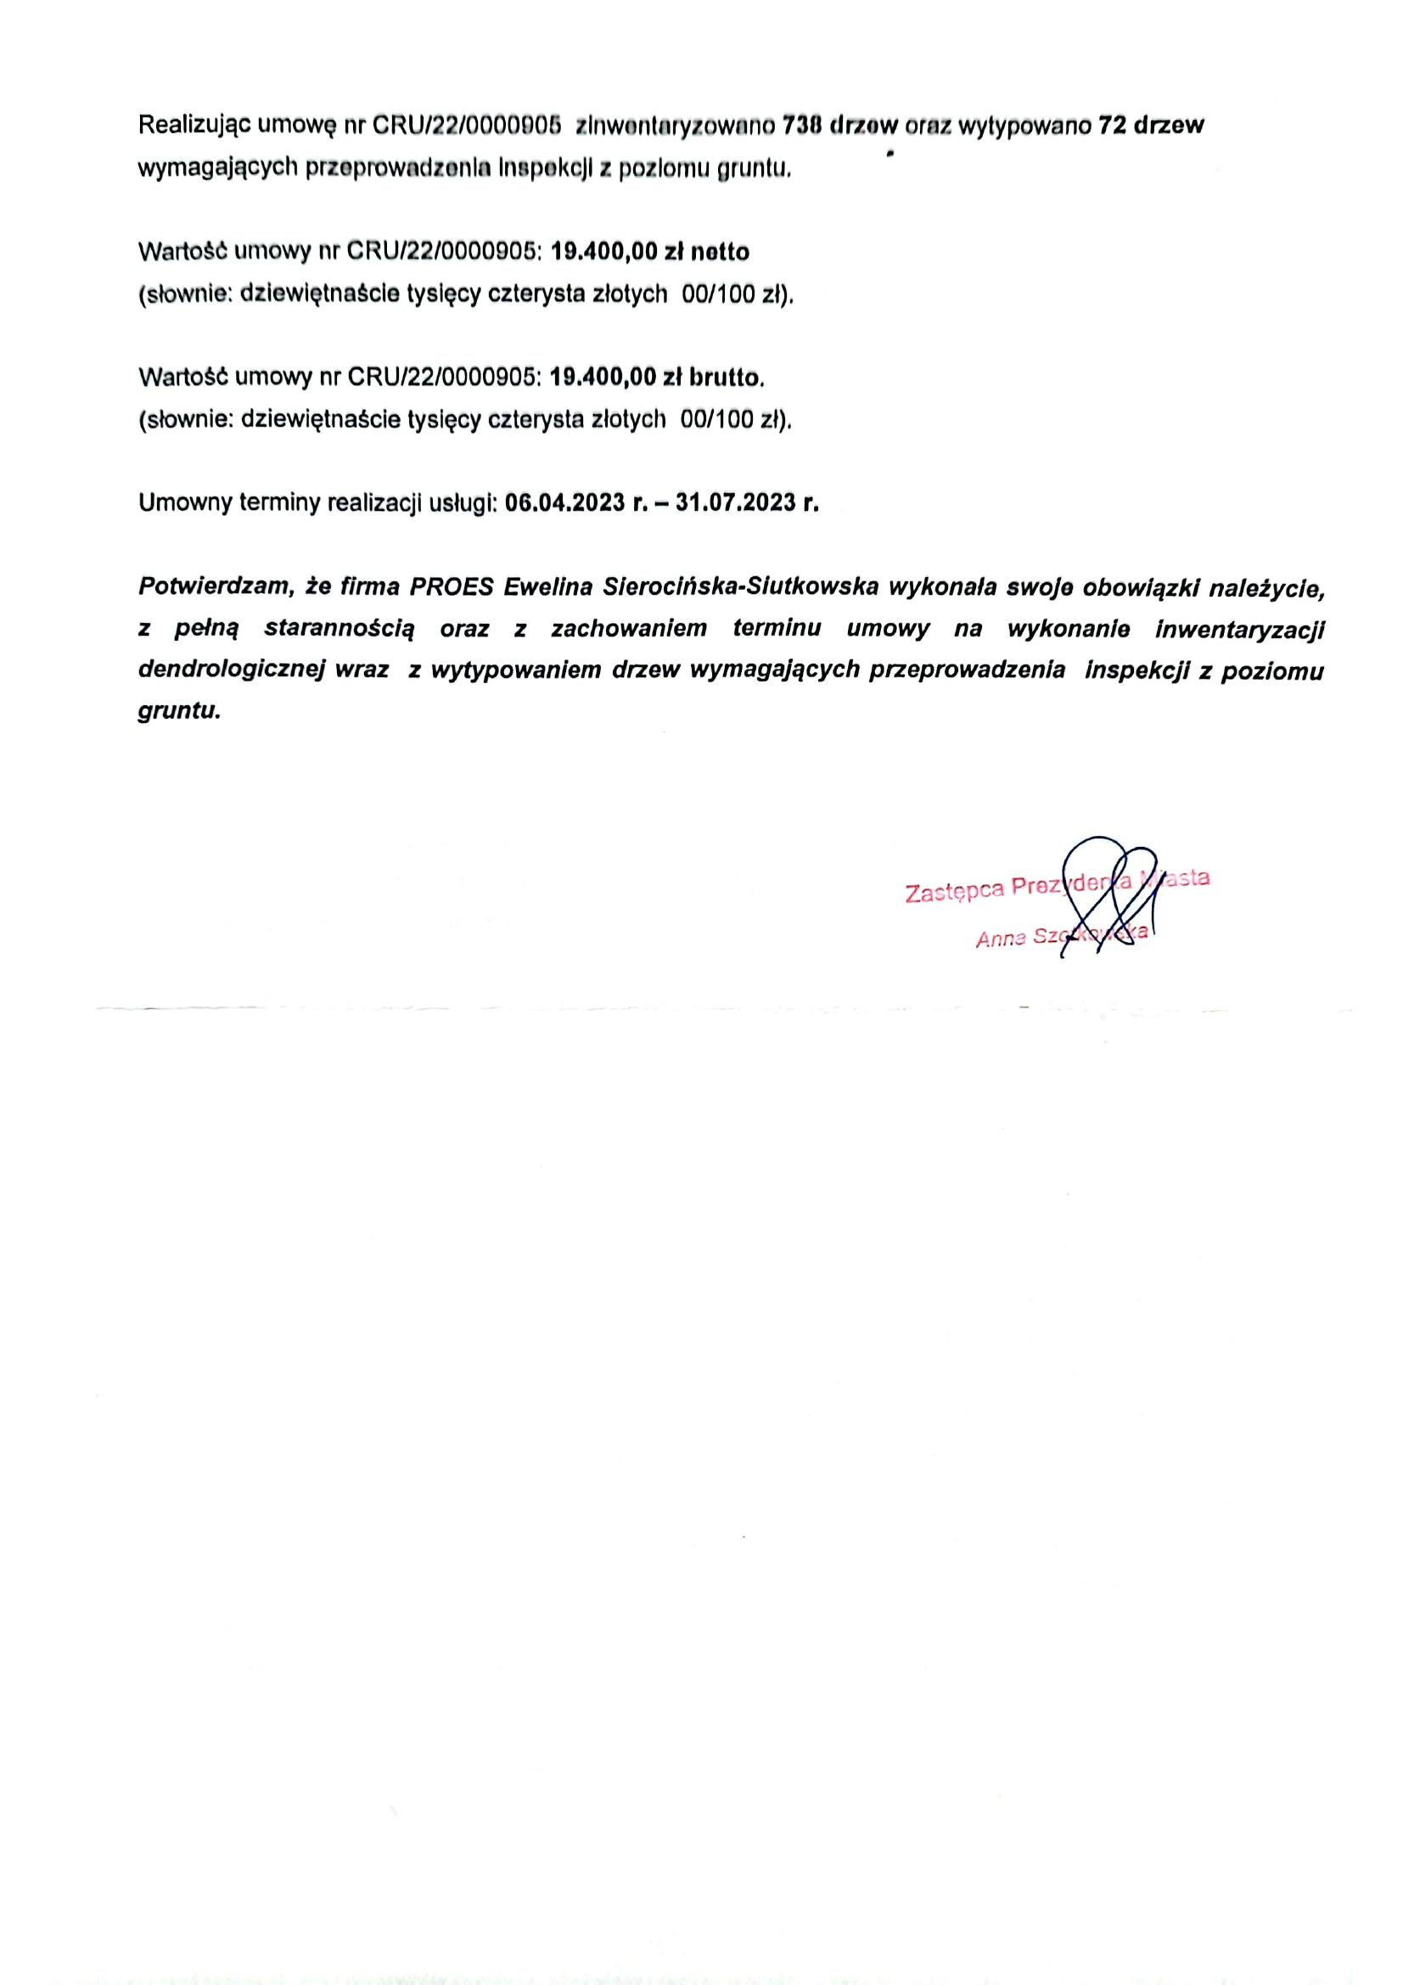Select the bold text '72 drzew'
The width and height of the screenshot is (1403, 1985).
tap(1150, 126)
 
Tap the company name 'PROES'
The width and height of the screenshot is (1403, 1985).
tap(452, 587)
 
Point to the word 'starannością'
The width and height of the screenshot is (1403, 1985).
tap(339, 630)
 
